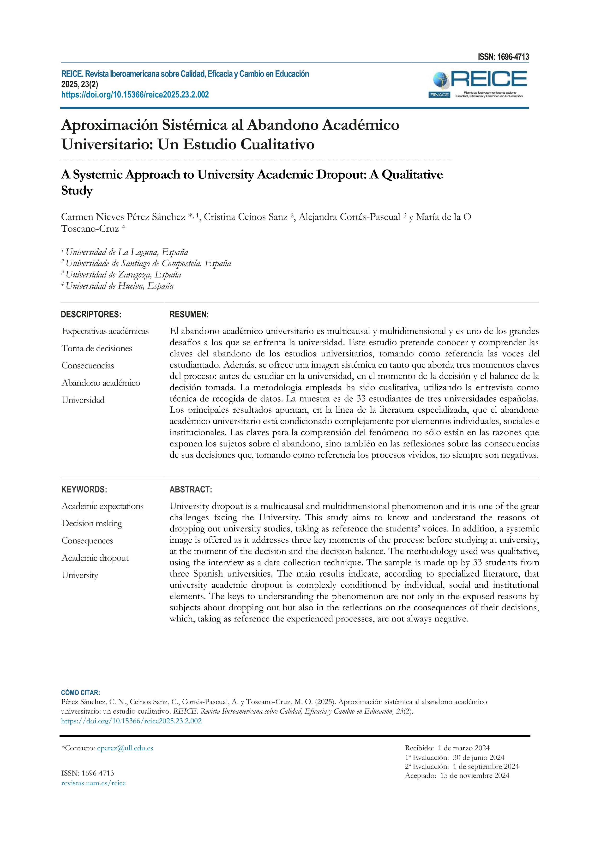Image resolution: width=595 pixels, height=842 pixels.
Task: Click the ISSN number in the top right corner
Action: click(x=503, y=57)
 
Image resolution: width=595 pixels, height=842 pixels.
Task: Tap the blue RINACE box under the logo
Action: click(x=439, y=95)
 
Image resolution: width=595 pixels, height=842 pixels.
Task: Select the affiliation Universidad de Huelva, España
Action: click(x=120, y=286)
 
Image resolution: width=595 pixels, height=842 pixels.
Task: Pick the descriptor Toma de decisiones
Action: click(x=97, y=348)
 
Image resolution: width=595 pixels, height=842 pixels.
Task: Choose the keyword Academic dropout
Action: click(x=95, y=558)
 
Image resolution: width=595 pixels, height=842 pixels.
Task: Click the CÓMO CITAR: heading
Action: click(x=80, y=693)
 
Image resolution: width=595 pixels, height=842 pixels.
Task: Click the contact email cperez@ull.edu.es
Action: click(x=125, y=748)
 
